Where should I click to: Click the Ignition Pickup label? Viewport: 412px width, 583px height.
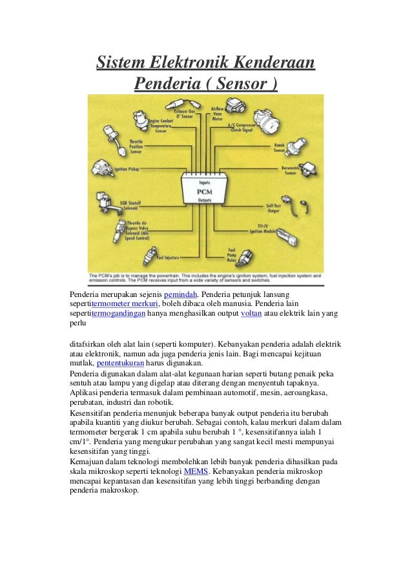(x=127, y=170)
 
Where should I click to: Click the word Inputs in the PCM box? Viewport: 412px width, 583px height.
(x=203, y=182)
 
